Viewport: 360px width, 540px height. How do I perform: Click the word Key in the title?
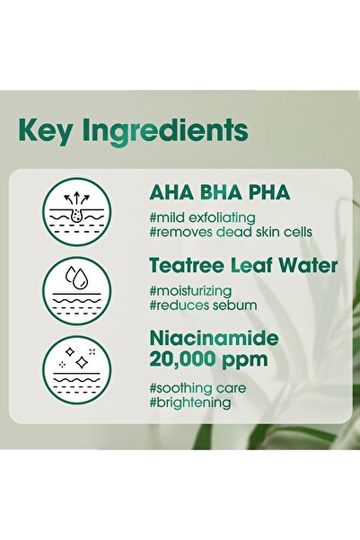coord(44,130)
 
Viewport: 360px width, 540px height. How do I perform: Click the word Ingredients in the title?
coord(162,131)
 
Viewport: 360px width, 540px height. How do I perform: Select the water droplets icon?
coord(76,290)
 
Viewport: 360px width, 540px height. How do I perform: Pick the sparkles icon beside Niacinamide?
coord(76,367)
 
